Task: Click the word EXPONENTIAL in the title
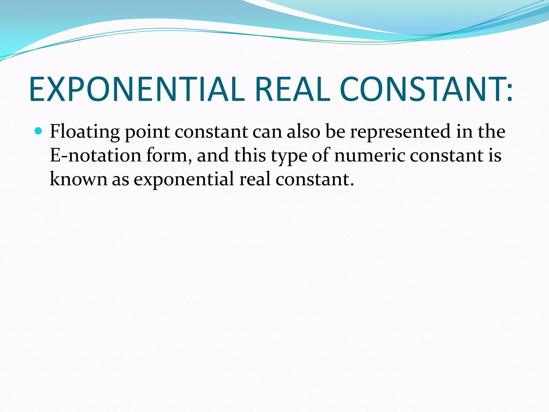tap(137, 89)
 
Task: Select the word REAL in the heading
tap(292, 89)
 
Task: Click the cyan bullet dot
tap(39, 131)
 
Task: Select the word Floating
tap(85, 132)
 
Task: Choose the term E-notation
tap(95, 156)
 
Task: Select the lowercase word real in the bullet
tap(255, 179)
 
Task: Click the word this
tap(250, 156)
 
